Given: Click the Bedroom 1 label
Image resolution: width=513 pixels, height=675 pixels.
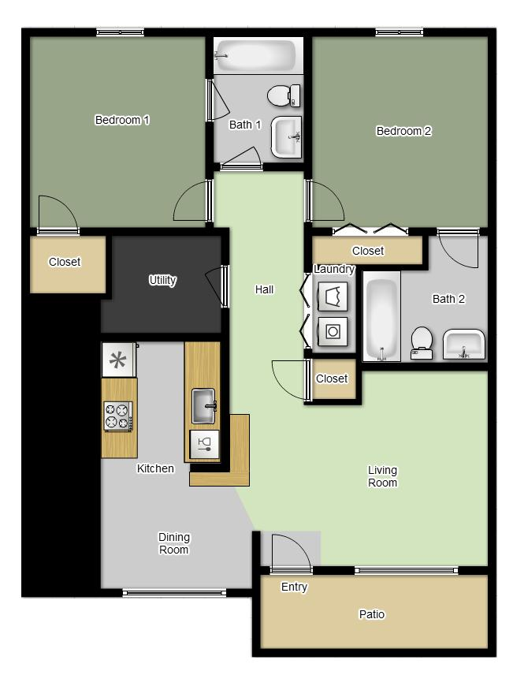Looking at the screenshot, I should click(x=122, y=121).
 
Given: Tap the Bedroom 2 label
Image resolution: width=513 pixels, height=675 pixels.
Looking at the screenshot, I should click(x=403, y=132).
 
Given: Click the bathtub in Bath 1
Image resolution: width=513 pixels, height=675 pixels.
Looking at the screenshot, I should click(x=255, y=56).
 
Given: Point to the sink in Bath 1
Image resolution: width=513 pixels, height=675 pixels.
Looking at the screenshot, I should click(x=286, y=136).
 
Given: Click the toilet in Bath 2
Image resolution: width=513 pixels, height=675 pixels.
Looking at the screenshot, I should click(x=422, y=341).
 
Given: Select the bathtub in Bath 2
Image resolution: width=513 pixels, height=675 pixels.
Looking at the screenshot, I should click(x=382, y=317).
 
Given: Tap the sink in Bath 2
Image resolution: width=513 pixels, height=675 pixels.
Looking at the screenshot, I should click(x=464, y=345).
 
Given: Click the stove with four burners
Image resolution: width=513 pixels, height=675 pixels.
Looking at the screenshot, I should click(x=118, y=416).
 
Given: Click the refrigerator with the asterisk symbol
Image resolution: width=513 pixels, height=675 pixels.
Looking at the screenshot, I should click(x=118, y=360).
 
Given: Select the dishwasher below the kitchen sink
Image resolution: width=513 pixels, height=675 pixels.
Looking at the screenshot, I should click(x=204, y=443).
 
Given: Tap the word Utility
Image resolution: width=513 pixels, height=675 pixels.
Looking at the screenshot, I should click(x=163, y=280).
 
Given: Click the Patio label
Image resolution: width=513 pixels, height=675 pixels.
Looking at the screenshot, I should click(x=372, y=614).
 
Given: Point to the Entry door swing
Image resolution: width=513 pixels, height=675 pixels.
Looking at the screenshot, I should click(x=289, y=551).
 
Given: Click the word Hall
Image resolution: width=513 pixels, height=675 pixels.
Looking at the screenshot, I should click(x=264, y=289).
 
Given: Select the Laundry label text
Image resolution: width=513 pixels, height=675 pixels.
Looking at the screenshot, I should click(x=334, y=270).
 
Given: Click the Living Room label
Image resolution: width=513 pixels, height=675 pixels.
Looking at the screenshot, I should click(x=382, y=476).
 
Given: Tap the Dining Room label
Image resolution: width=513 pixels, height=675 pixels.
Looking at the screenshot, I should click(x=173, y=543).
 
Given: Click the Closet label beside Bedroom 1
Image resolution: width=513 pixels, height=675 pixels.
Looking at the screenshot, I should click(x=65, y=263).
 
